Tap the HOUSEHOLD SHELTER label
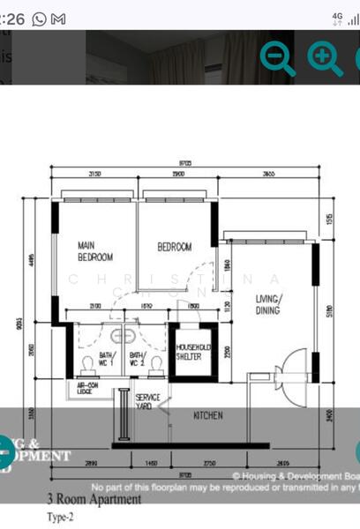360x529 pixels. [189, 352]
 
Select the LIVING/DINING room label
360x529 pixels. [267, 304]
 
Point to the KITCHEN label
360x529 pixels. [207, 415]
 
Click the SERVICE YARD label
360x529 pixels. [147, 402]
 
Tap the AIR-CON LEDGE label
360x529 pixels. [86, 389]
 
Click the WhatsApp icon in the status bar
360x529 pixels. [40, 18]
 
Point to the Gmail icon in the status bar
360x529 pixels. [58, 18]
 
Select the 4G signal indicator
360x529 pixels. [337, 17]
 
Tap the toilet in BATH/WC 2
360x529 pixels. [156, 363]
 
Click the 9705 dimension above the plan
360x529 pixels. [184, 163]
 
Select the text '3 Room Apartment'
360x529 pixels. [94, 500]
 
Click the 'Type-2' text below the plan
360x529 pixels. [60, 518]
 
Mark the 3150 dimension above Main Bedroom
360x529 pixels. [94, 175]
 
